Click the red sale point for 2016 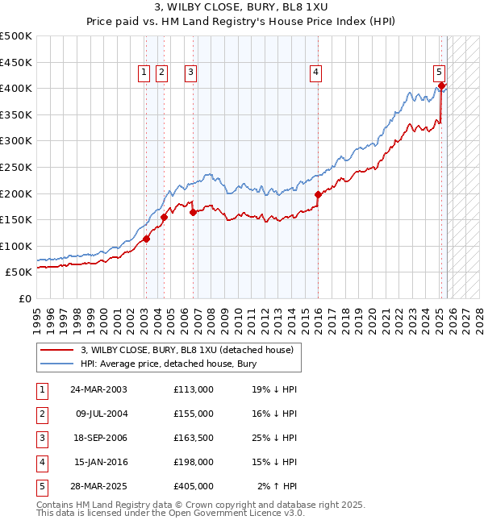pyautogui.click(x=318, y=194)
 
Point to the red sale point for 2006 pyautogui.click(x=194, y=213)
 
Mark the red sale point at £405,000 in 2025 pyautogui.click(x=442, y=85)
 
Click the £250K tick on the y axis pyautogui.click(x=16, y=167)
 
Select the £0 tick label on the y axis pyautogui.click(x=24, y=299)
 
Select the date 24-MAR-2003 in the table pyautogui.click(x=99, y=389)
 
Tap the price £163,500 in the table pyautogui.click(x=193, y=438)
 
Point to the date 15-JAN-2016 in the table pyautogui.click(x=99, y=462)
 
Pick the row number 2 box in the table pyautogui.click(x=42, y=414)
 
